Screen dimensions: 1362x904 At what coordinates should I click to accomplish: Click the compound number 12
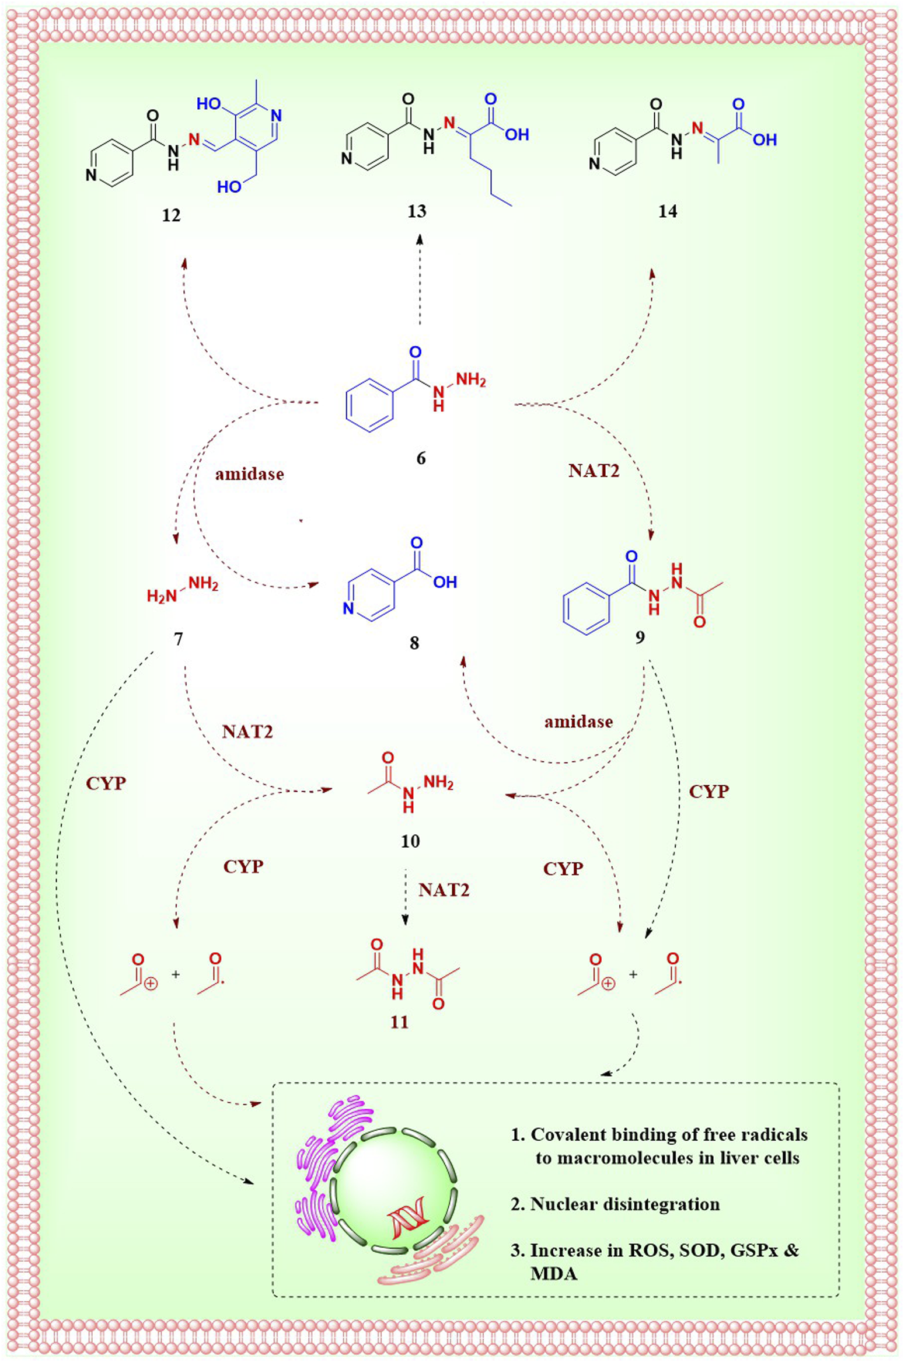pyautogui.click(x=171, y=216)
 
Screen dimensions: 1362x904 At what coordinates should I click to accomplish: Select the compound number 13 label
pyautogui.click(x=417, y=211)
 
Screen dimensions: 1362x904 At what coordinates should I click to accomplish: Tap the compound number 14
pyautogui.click(x=667, y=211)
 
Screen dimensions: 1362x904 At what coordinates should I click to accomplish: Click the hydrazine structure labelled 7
pyautogui.click(x=183, y=590)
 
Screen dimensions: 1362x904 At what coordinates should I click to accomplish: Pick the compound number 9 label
pyautogui.click(x=640, y=637)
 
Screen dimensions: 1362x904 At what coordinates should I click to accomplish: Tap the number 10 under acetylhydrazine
pyautogui.click(x=410, y=841)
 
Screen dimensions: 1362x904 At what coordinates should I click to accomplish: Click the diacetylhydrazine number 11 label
pyautogui.click(x=400, y=1022)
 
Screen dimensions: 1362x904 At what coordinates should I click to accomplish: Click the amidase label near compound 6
pyautogui.click(x=249, y=474)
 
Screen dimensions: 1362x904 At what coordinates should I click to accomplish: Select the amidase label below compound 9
pyautogui.click(x=578, y=722)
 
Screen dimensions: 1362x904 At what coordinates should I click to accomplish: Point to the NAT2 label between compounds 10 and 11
pyautogui.click(x=444, y=890)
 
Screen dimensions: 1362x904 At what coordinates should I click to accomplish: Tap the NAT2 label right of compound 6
pyautogui.click(x=594, y=471)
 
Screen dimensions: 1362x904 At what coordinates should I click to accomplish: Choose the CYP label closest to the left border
pyautogui.click(x=106, y=783)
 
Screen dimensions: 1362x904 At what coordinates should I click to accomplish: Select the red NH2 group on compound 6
pyautogui.click(x=470, y=380)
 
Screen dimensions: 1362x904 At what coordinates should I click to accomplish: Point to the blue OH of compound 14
pyautogui.click(x=764, y=140)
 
